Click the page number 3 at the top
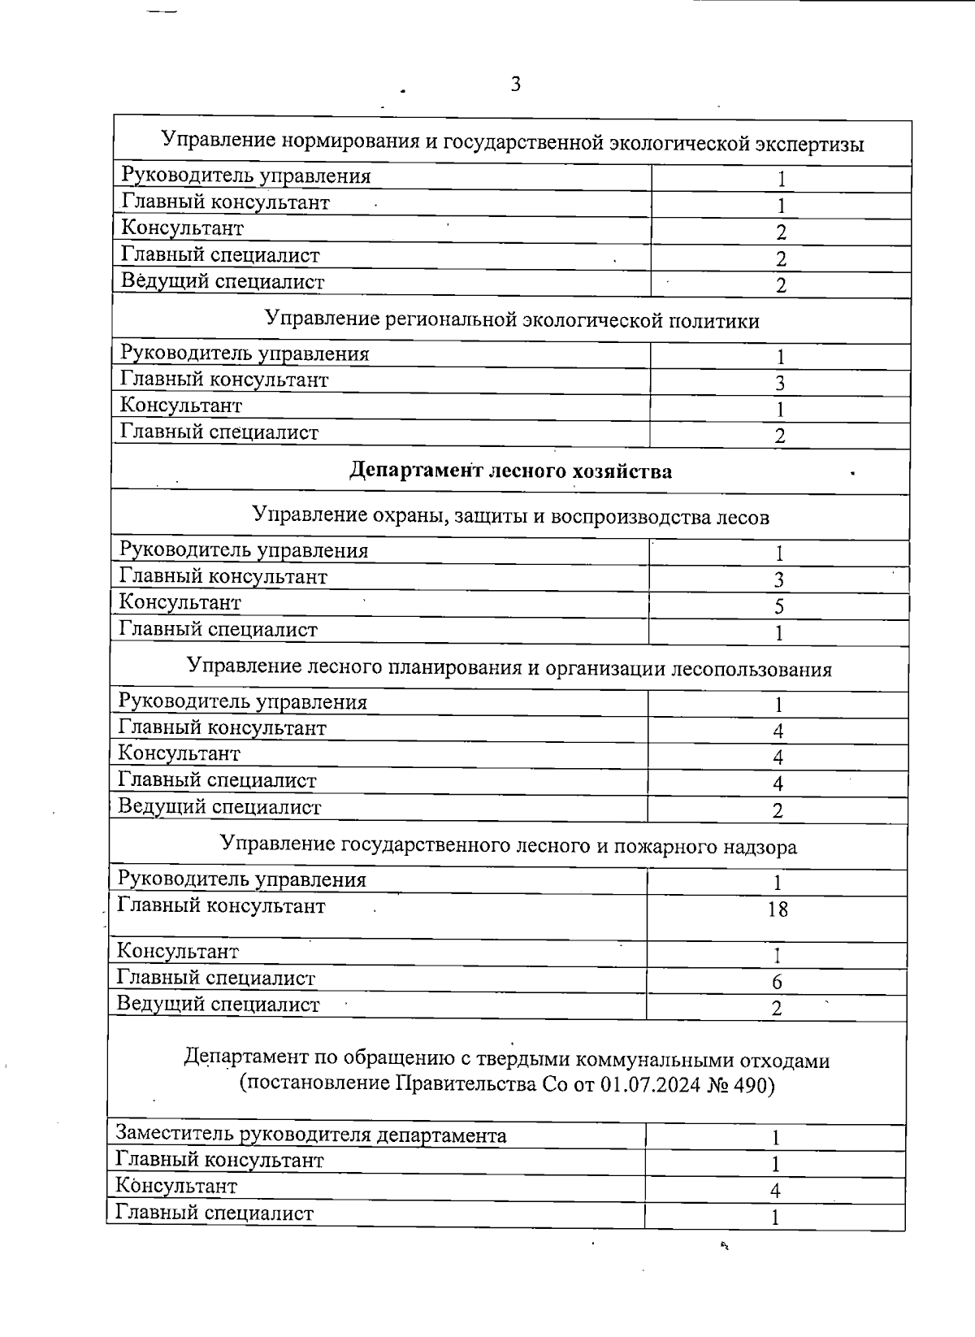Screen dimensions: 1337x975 [x=515, y=84]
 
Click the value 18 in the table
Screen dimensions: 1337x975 [x=778, y=909]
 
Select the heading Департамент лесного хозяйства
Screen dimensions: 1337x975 [x=510, y=471]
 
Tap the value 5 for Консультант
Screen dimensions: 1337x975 [x=778, y=606]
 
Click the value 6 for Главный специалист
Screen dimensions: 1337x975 [x=777, y=982]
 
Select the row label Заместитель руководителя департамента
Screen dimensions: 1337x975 [x=311, y=1135]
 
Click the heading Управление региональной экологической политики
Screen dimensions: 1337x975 [x=512, y=320]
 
